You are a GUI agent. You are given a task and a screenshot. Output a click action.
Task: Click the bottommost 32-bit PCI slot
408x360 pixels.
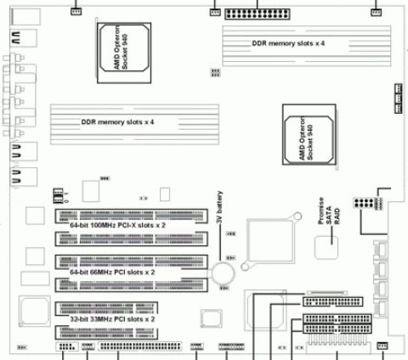131,332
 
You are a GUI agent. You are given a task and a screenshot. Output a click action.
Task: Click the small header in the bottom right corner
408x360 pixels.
382,345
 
